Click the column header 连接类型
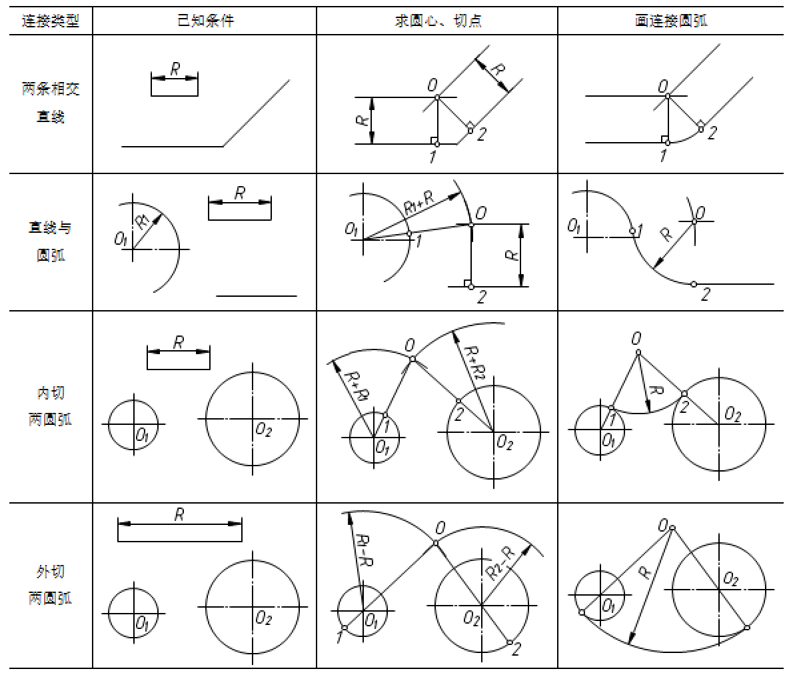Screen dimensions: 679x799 click(50, 21)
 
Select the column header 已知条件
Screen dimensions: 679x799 click(205, 21)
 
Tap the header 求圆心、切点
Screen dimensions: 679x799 click(438, 21)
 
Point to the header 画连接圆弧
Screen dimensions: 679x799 click(671, 21)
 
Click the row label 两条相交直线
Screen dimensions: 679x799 click(50, 103)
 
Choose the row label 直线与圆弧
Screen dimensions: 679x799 click(50, 241)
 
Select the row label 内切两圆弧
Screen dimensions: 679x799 click(50, 406)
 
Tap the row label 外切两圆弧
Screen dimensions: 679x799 click(50, 585)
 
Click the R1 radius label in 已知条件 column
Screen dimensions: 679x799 click(143, 222)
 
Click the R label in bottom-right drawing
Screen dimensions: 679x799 click(644, 571)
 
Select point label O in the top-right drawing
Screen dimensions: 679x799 click(662, 85)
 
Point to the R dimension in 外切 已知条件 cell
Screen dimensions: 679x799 click(179, 514)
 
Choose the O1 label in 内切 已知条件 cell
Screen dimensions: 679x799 click(142, 436)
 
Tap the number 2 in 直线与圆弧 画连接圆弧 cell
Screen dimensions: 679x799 click(704, 295)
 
